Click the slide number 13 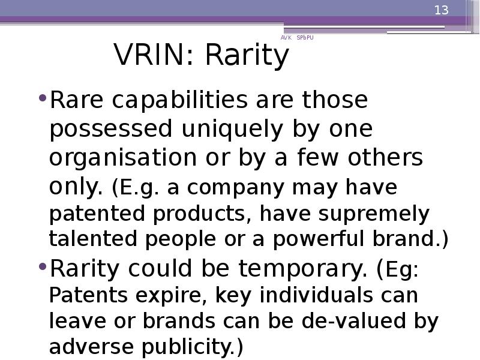(x=442, y=10)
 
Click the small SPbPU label (x=305, y=38)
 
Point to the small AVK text (x=286, y=38)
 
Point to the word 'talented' (x=93, y=239)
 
